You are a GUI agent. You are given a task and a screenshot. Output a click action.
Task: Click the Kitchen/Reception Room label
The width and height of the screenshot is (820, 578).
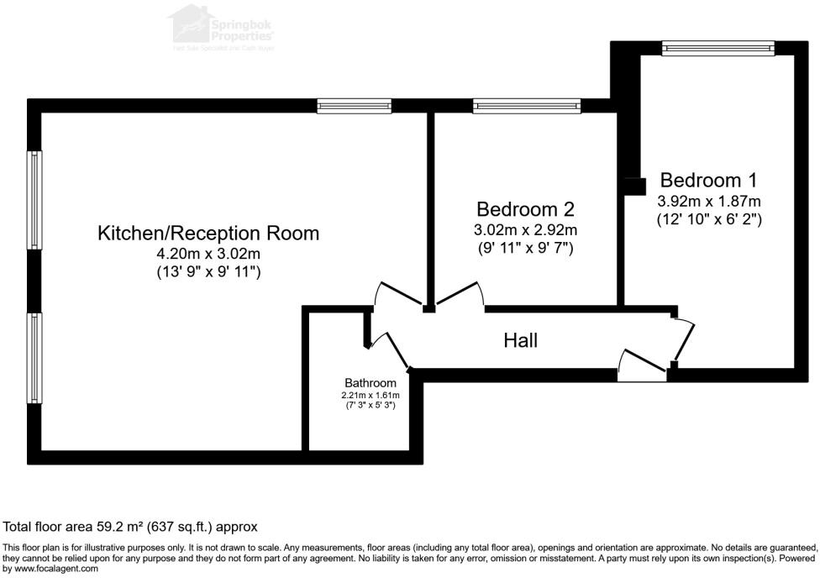tap(208, 233)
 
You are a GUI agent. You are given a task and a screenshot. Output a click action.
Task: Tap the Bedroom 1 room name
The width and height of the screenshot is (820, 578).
tap(708, 180)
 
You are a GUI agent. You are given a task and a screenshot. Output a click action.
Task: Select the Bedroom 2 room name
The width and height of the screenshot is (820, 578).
tap(525, 209)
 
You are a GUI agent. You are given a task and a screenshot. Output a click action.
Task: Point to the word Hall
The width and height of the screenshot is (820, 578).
tap(520, 340)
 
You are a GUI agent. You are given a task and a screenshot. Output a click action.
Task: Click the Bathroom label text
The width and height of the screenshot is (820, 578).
tap(370, 383)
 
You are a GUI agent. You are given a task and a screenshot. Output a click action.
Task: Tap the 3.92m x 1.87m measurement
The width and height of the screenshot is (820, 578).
tap(708, 201)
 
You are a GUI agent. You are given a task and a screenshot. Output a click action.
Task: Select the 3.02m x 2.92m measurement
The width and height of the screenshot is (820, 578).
tap(525, 230)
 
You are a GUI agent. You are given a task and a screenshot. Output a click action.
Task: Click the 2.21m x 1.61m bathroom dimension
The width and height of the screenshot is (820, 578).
tap(370, 395)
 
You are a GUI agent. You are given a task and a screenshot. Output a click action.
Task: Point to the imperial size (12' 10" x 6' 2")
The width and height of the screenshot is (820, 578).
tap(708, 219)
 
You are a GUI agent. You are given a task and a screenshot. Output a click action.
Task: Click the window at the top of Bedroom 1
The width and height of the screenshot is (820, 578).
tap(717, 49)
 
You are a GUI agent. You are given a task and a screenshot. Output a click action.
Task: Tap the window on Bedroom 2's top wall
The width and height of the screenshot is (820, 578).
tap(526, 106)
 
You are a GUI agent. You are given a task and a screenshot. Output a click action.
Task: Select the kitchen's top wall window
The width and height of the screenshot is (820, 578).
tap(354, 106)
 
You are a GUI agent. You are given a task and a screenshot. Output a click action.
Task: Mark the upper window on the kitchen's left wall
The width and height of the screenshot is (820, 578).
tap(34, 201)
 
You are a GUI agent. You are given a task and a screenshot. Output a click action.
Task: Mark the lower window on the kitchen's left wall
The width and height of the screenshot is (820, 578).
tap(34, 357)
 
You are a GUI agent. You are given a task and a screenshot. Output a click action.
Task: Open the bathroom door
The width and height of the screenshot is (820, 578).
tap(387, 349)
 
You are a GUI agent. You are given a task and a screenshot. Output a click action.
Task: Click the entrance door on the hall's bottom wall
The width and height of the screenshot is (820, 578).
tap(642, 367)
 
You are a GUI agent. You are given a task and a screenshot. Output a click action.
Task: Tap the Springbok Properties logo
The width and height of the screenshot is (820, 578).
tap(222, 26)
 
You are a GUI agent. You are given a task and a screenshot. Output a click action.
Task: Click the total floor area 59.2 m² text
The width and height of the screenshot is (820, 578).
tap(130, 527)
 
